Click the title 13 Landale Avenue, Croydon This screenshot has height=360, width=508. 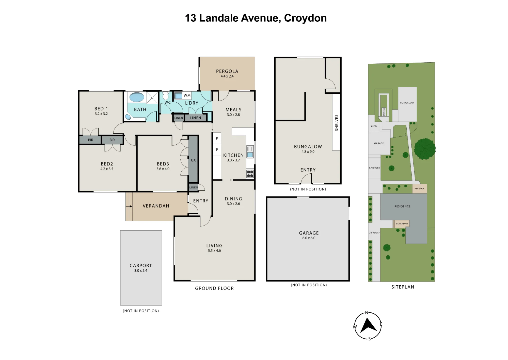[x=256, y=18]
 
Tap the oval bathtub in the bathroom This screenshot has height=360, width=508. [x=137, y=97]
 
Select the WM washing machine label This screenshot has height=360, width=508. [x=187, y=95]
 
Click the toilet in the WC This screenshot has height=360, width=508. [x=166, y=95]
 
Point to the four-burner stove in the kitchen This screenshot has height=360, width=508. [x=250, y=174]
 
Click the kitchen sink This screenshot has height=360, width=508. [x=250, y=152]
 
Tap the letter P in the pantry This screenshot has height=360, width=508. [x=217, y=139]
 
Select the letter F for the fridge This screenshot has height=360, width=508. [x=217, y=150]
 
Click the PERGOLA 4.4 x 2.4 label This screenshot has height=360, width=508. [x=227, y=74]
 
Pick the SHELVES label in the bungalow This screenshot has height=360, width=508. [x=337, y=123]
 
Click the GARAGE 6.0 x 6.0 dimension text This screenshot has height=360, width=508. [x=309, y=238]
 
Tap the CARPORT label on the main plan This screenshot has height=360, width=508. [x=141, y=266]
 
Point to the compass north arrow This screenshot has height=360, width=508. [x=368, y=326]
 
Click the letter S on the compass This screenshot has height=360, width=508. [x=370, y=339]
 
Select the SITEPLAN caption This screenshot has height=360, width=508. [x=403, y=287]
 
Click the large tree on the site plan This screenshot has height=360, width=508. [x=425, y=149]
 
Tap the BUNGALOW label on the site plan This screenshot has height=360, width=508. [x=407, y=103]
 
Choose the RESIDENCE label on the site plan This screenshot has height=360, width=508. [x=402, y=206]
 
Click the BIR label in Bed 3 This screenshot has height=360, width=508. [x=193, y=161]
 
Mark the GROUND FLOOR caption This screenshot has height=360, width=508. [x=214, y=288]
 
